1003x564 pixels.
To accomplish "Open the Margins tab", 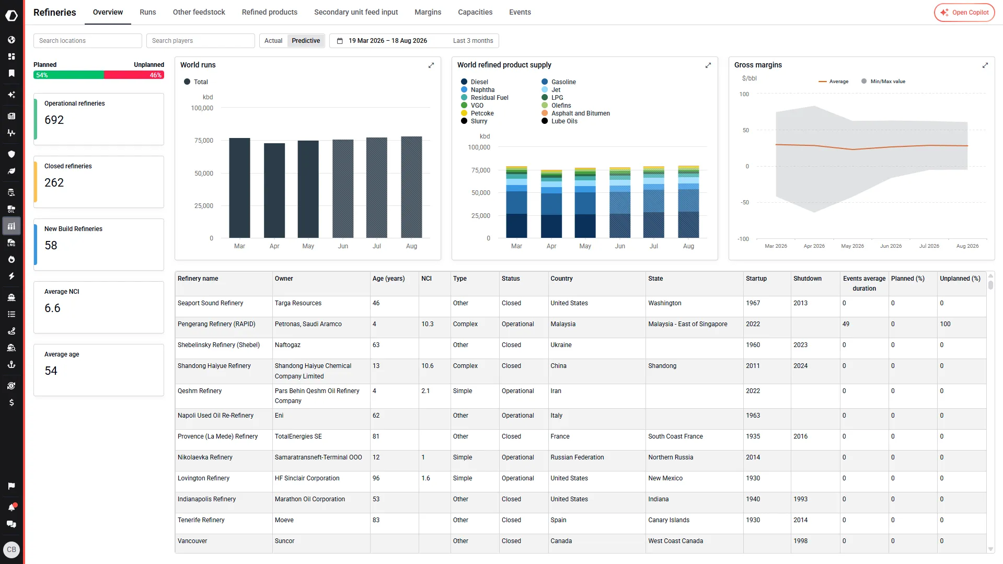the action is point(428,12).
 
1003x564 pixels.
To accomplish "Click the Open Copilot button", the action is point(964,13).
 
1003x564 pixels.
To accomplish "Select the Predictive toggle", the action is point(306,41).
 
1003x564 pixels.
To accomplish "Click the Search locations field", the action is point(88,41).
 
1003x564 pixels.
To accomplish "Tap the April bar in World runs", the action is point(274,190).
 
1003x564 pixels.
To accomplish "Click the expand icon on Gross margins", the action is point(985,65).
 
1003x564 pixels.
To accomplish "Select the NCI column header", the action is point(426,279).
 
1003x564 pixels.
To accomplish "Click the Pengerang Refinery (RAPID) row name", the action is point(216,324).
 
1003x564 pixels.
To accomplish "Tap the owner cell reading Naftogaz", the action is point(287,345).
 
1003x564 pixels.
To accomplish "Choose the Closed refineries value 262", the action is point(54,182).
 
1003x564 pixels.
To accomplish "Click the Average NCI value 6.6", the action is point(52,308).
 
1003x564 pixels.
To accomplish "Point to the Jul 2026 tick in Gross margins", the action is point(929,246).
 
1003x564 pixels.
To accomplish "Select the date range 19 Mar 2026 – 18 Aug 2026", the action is point(388,41).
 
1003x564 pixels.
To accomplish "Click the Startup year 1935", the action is point(753,436).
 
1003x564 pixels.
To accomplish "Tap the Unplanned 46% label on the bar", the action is point(156,75).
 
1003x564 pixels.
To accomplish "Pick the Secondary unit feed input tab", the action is point(356,12).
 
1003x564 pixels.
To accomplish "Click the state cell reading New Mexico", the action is point(665,478).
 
